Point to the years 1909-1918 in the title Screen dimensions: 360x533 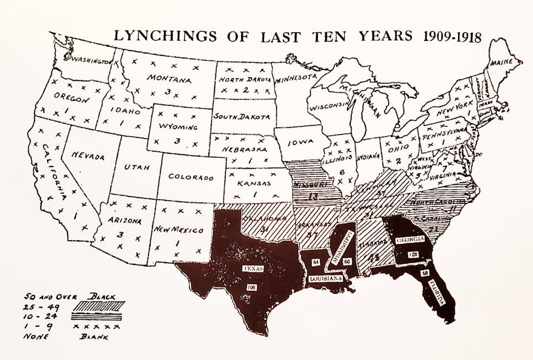450,36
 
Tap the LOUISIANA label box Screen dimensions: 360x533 326,278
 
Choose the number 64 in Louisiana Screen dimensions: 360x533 316,262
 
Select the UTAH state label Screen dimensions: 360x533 136,167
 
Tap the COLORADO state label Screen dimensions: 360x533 191,177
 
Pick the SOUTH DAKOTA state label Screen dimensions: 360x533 241,116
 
